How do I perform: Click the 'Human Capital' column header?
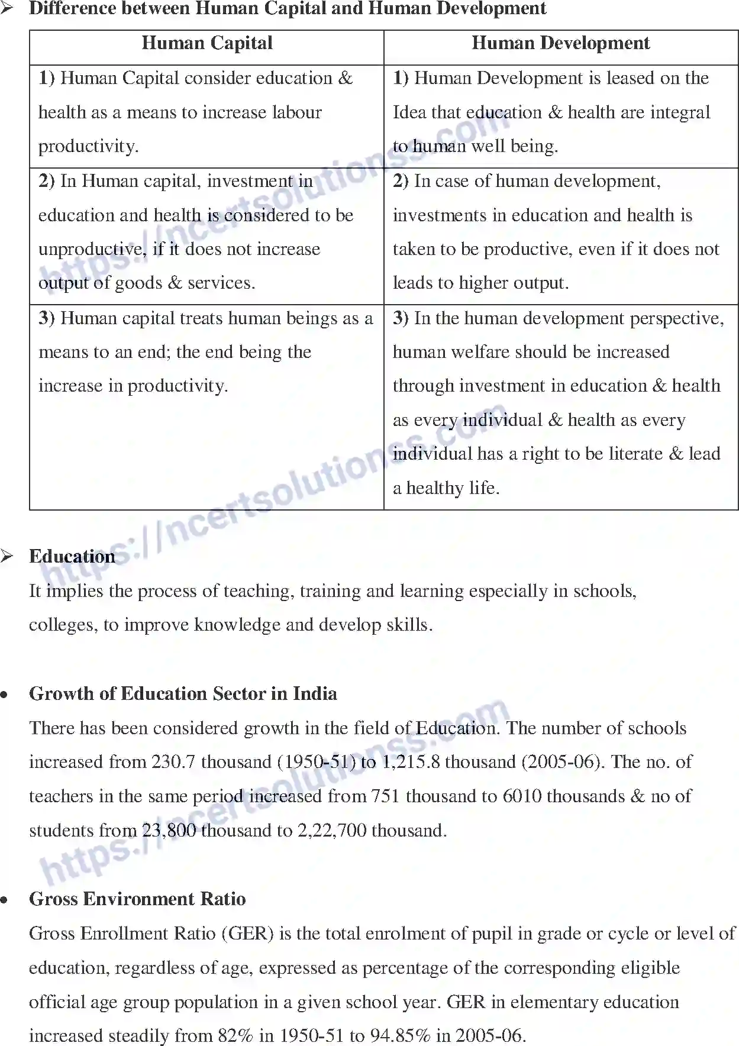tap(206, 43)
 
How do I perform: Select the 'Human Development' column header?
tap(560, 43)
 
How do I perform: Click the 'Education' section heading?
tap(72, 556)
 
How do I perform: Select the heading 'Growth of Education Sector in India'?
tap(183, 693)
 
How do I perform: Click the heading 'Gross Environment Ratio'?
tap(137, 899)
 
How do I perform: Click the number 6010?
tap(522, 796)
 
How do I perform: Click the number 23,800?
tap(169, 831)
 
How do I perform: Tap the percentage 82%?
tap(235, 1035)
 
